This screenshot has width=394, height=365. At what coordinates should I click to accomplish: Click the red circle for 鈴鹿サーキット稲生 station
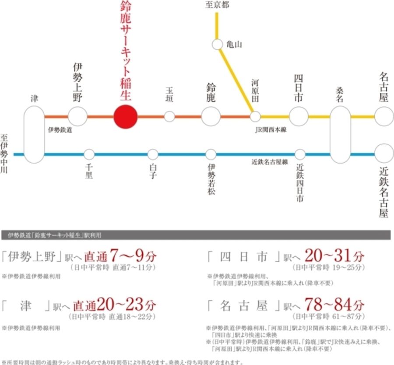(x=126, y=117)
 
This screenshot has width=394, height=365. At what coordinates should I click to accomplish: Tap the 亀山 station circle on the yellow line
(x=218, y=44)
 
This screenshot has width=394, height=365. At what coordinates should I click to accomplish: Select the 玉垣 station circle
(x=169, y=117)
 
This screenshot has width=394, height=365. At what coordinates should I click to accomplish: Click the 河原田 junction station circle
(x=255, y=117)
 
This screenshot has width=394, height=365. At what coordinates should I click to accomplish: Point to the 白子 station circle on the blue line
(x=153, y=154)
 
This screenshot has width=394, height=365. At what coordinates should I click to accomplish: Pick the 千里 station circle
(x=89, y=154)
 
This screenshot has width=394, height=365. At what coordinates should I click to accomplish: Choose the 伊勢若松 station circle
(x=211, y=154)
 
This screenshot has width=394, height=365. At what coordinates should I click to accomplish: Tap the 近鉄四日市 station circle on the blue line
(x=300, y=154)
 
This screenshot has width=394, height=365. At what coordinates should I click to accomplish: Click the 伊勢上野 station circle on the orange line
(x=78, y=117)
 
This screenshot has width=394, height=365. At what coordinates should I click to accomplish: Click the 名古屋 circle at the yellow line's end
(x=384, y=117)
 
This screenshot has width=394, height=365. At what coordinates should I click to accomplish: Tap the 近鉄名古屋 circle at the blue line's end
(x=384, y=153)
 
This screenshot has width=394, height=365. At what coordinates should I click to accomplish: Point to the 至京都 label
(x=217, y=5)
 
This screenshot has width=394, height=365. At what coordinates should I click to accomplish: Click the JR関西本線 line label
(x=271, y=130)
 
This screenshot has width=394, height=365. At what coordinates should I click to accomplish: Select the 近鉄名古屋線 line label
(x=270, y=162)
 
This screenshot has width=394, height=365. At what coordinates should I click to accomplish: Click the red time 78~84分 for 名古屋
(x=333, y=305)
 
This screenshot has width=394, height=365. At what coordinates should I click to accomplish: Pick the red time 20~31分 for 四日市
(x=333, y=256)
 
